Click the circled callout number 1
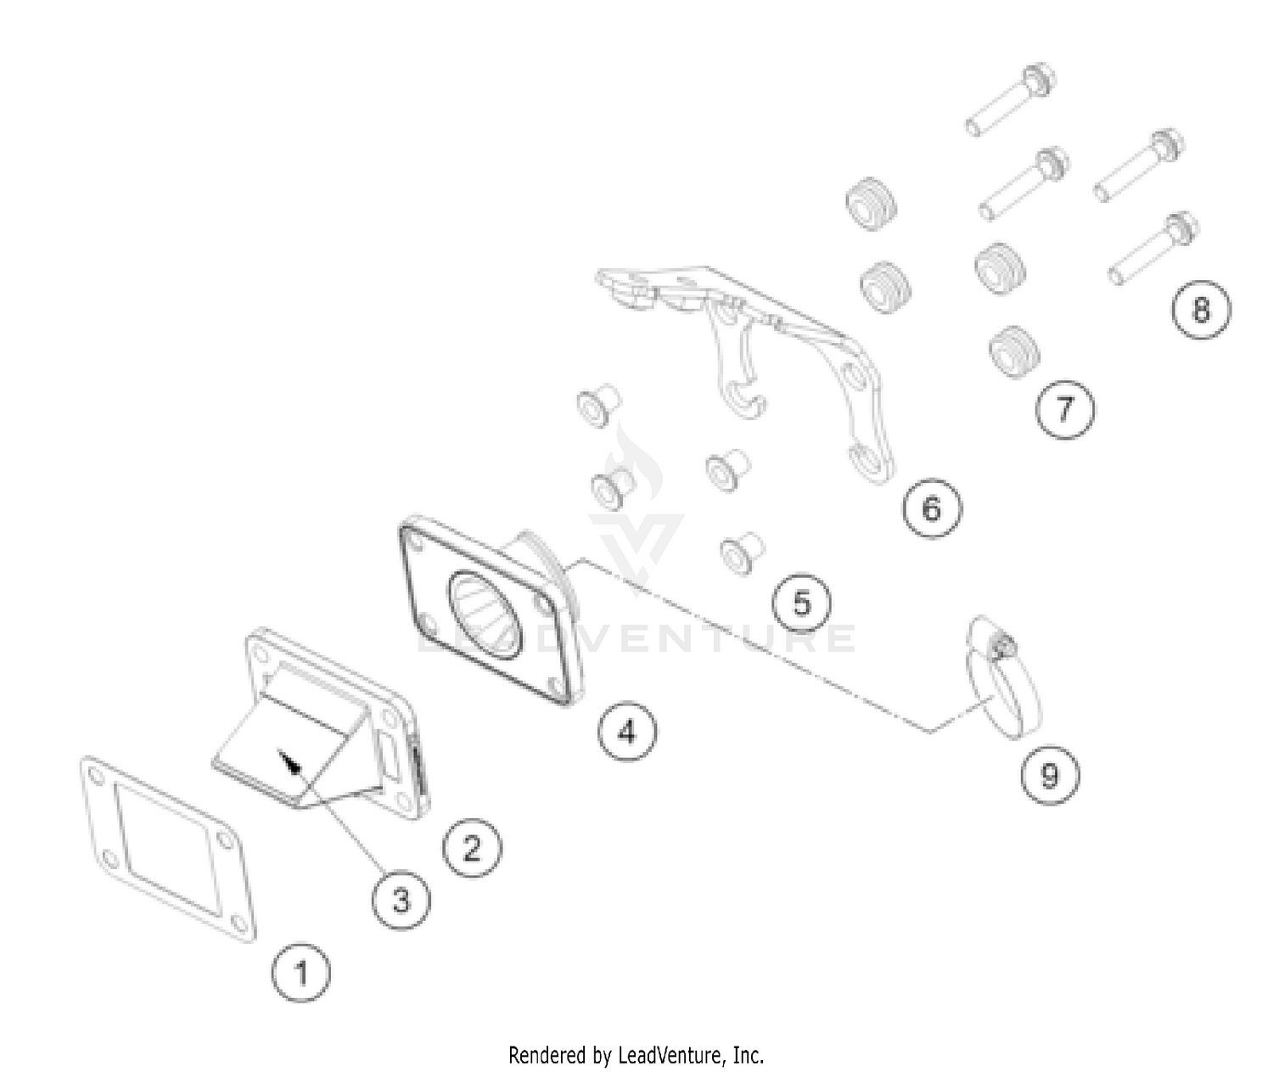pyautogui.click(x=301, y=973)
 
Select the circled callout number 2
pyautogui.click(x=472, y=848)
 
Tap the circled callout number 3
pyautogui.click(x=401, y=901)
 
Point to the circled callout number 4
pyautogui.click(x=627, y=731)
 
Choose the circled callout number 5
pyautogui.click(x=802, y=603)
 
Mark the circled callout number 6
pyautogui.click(x=932, y=508)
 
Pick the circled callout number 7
pyautogui.click(x=1065, y=409)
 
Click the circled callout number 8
pyautogui.click(x=1201, y=309)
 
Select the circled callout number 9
pyautogui.click(x=1050, y=775)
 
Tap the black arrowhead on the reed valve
pyautogui.click(x=290, y=761)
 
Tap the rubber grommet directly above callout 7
pyautogui.click(x=1014, y=352)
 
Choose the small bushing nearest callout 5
pyautogui.click(x=743, y=553)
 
